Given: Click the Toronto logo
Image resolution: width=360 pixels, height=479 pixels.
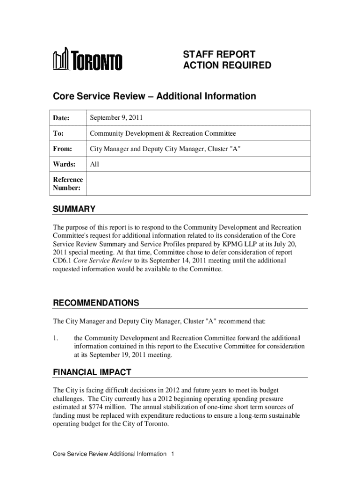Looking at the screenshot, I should (x=87, y=60).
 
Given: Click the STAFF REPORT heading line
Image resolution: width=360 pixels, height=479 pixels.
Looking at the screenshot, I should (x=219, y=54).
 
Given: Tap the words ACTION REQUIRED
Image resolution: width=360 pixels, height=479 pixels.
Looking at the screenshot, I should (x=227, y=65).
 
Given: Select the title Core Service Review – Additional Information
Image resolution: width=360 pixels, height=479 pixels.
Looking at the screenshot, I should (x=154, y=96).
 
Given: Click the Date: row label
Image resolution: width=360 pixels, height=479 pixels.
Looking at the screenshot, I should (x=61, y=118).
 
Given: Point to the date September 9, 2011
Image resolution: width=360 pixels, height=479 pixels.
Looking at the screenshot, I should (x=117, y=118).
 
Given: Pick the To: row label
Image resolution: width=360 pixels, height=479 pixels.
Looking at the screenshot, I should (x=58, y=133).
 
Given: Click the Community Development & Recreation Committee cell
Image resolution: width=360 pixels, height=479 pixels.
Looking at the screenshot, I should (x=163, y=133).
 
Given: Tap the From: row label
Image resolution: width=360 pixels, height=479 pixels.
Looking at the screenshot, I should (x=62, y=149).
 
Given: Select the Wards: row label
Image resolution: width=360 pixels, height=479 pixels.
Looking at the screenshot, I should (x=64, y=164).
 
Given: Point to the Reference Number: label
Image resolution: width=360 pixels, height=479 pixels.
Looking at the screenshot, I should (x=67, y=184).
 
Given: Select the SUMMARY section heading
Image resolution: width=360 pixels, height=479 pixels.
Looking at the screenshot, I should (x=74, y=209).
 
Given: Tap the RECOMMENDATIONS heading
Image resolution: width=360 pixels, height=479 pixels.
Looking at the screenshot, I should (x=96, y=303).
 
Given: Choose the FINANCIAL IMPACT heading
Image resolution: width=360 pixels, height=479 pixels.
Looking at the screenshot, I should (x=92, y=372).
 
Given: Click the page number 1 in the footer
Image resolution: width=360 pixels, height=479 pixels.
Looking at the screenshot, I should (x=173, y=454).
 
